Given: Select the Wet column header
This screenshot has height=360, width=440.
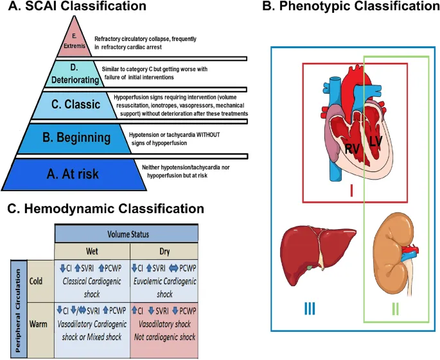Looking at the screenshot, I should click(x=92, y=250).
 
